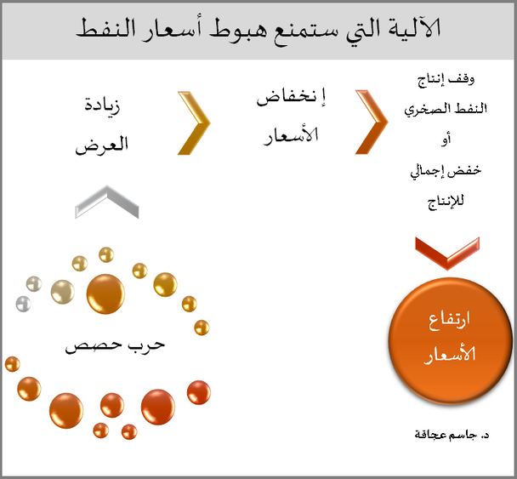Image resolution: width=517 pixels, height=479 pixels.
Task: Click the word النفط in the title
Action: tap(105, 28)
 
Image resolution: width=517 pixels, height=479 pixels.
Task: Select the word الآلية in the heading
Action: tap(411, 27)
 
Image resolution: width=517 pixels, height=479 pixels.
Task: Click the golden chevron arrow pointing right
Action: tap(194, 123)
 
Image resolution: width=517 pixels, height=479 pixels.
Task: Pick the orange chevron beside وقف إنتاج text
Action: tap(372, 122)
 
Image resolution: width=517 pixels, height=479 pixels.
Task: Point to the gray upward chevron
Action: tap(107, 202)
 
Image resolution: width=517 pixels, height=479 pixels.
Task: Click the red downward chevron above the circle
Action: tap(447, 253)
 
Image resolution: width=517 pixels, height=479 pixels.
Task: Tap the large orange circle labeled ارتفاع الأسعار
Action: tap(450, 340)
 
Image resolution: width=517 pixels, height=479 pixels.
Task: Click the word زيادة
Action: tap(102, 105)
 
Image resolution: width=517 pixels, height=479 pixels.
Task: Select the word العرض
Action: tap(101, 145)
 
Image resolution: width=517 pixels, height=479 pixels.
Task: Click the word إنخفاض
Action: tap(291, 97)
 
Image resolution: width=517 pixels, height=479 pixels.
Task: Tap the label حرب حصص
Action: tap(115, 346)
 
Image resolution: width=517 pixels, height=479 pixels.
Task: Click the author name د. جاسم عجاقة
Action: tap(452, 435)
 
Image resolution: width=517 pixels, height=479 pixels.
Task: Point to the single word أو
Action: tap(446, 140)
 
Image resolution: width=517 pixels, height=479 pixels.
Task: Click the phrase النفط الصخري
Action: tap(446, 109)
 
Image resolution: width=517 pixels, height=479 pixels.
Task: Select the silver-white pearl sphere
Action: tap(24, 304)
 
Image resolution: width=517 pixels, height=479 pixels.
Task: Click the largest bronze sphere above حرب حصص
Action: tap(105, 294)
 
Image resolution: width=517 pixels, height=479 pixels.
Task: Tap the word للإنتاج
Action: tap(446, 202)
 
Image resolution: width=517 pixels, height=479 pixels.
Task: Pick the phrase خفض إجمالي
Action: tap(446, 171)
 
